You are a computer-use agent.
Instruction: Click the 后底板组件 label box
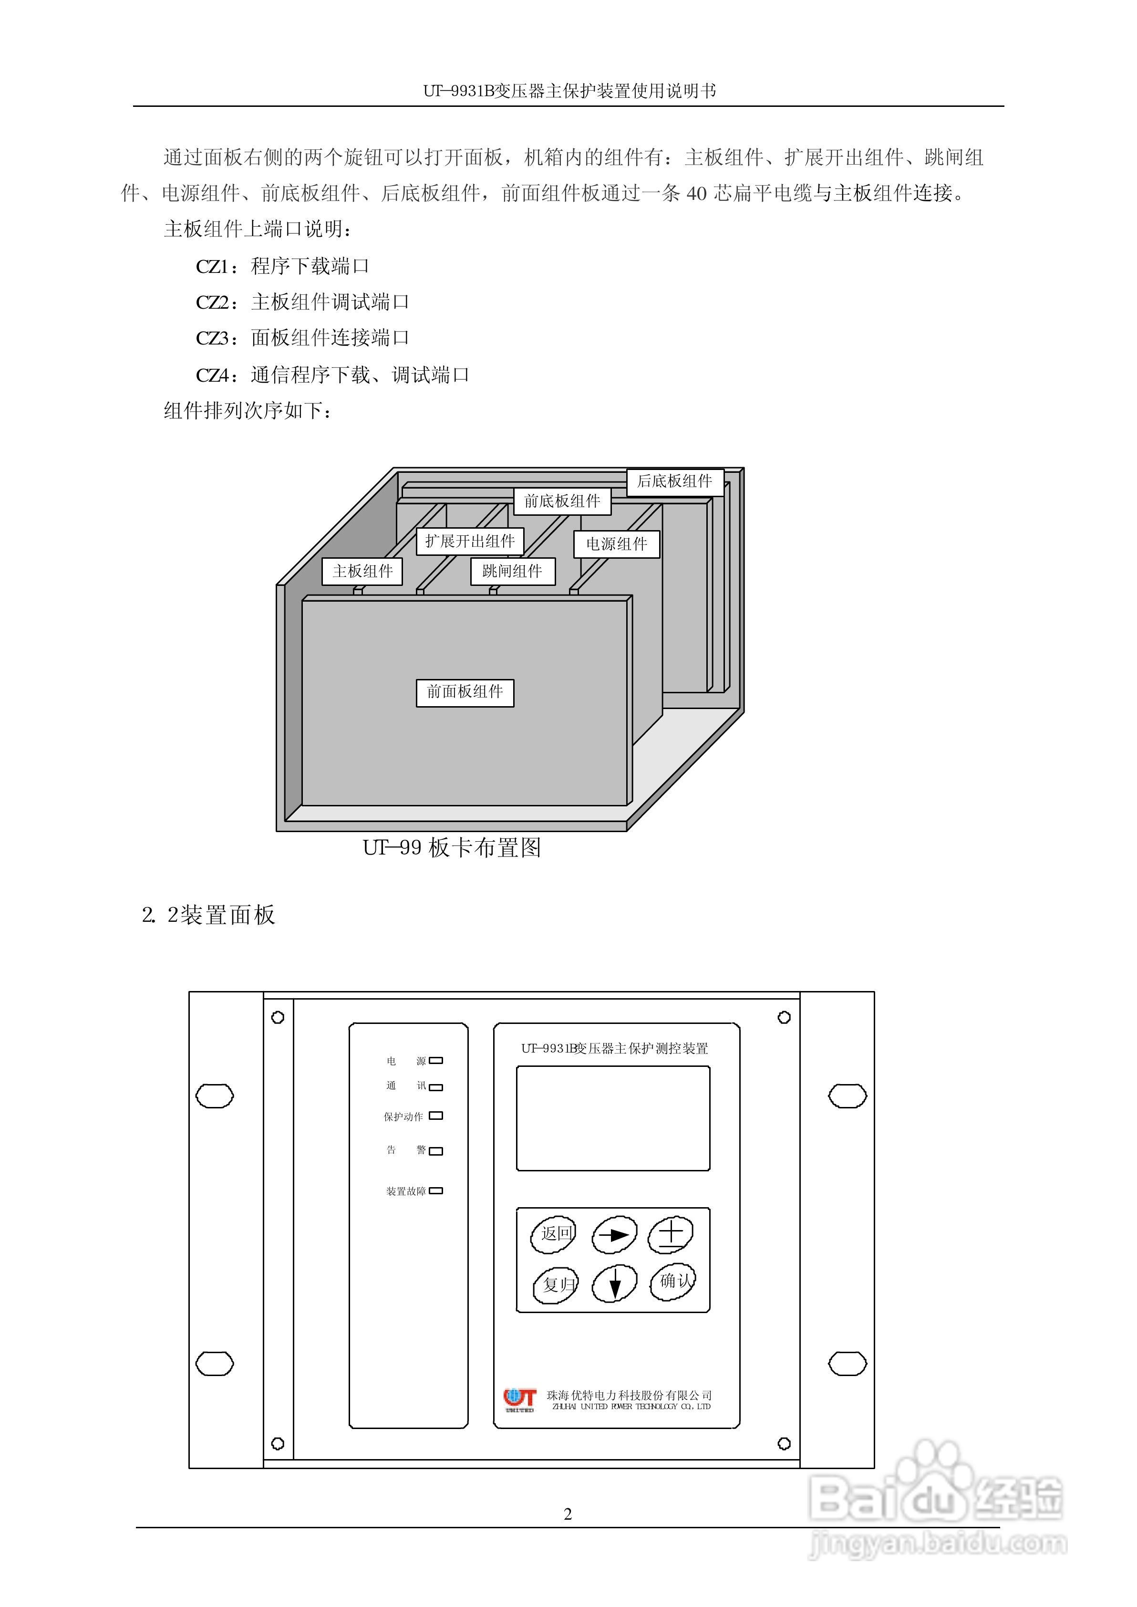pos(674,482)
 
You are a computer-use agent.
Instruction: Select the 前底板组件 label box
pos(562,501)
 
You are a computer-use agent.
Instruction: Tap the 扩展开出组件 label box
pos(470,541)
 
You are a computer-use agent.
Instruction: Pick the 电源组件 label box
pos(616,544)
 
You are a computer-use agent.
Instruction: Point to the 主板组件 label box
pos(362,572)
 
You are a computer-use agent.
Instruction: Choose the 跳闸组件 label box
pos(513,572)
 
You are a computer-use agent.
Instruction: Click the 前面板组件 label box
pos(465,692)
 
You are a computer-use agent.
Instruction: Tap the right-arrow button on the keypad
pos(614,1235)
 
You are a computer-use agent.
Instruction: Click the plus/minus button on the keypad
pos(670,1235)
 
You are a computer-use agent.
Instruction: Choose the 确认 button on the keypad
pos(672,1282)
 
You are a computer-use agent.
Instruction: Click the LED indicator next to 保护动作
pos(435,1116)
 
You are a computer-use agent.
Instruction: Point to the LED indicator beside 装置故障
pos(435,1190)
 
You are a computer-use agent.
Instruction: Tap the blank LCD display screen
pos(612,1118)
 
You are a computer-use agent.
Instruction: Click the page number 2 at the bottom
pos(568,1514)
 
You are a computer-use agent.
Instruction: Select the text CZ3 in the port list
pos(212,339)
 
